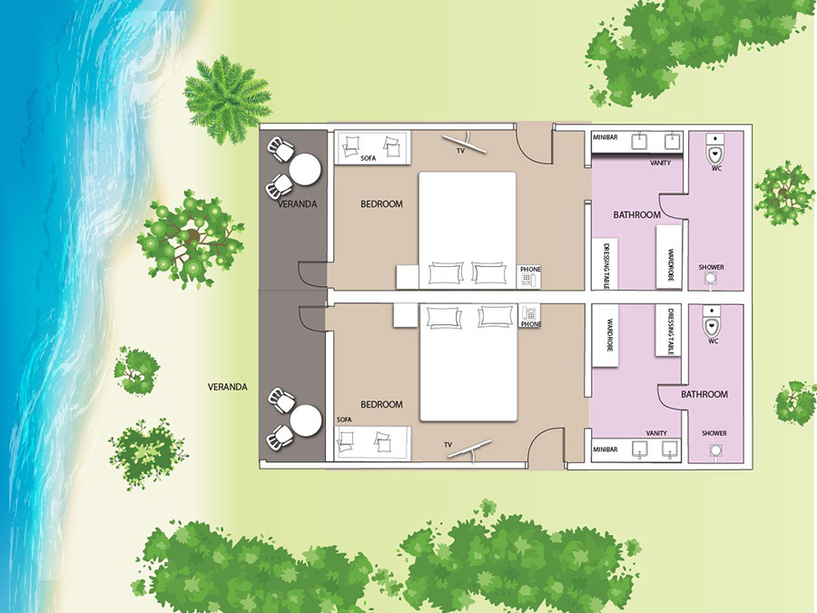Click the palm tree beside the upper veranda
click(227, 99)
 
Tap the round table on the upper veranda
click(305, 170)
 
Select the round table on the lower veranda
click(306, 420)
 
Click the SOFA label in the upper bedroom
click(368, 158)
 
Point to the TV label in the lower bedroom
click(448, 445)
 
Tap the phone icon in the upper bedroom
click(527, 280)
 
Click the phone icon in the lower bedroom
click(529, 313)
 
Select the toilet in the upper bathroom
click(716, 148)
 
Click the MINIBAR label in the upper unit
click(605, 137)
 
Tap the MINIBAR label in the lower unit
click(605, 450)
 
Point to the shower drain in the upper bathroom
click(710, 279)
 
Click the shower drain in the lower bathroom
click(716, 450)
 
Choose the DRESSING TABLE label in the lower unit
click(671, 332)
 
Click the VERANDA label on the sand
click(228, 387)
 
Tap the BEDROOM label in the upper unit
click(381, 203)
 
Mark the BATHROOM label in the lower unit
click(704, 394)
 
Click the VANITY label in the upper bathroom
click(660, 163)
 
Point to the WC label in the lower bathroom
click(714, 341)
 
